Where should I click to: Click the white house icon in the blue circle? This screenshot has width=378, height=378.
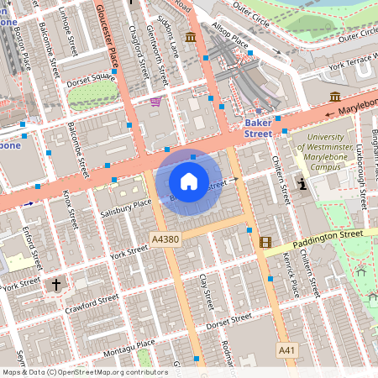(x=189, y=181)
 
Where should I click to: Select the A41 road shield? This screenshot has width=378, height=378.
(x=286, y=348)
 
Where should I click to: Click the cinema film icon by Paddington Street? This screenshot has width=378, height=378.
(x=266, y=243)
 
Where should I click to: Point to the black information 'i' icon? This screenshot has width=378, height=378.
(x=302, y=184)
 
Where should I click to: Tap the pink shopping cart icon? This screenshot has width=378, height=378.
(x=155, y=102)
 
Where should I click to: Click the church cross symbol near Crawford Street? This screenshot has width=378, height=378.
(x=57, y=285)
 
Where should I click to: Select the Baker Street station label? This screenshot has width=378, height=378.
(x=257, y=128)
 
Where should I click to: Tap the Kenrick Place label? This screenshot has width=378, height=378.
(x=290, y=275)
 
